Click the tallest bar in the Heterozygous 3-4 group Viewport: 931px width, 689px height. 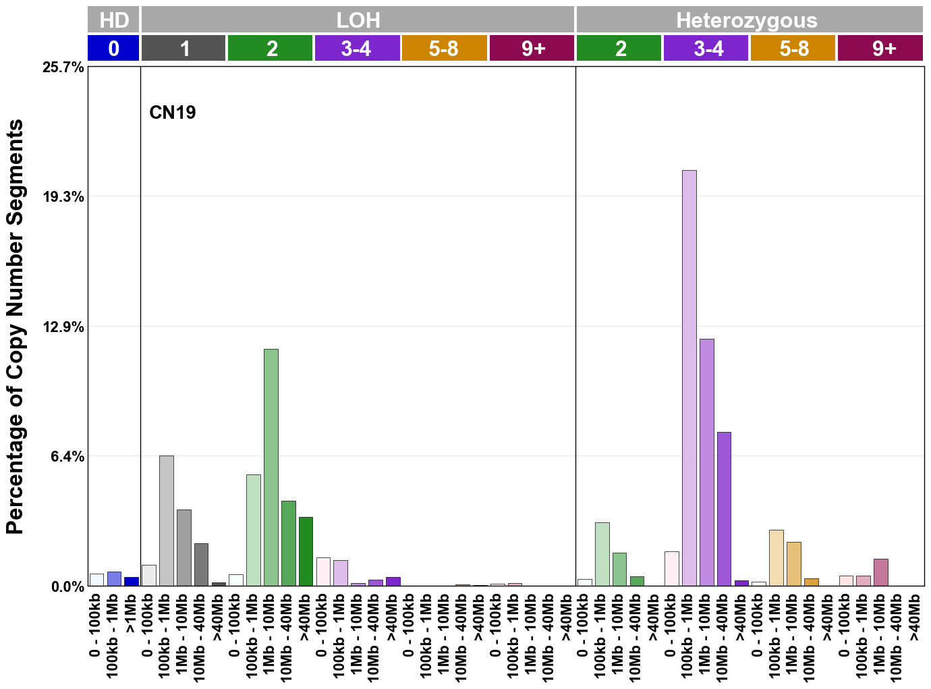tap(689, 378)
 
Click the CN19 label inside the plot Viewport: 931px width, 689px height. tap(173, 112)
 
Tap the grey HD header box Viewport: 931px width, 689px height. tap(113, 20)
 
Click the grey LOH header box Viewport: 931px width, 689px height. tap(358, 20)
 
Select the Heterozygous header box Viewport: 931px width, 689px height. tap(749, 20)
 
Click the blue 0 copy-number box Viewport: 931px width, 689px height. tap(113, 49)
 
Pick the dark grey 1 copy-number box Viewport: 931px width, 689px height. tap(184, 49)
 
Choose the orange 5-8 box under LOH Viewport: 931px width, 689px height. tap(444, 49)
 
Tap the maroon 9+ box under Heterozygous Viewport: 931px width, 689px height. tap(880, 49)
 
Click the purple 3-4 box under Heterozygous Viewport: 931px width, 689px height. tap(706, 49)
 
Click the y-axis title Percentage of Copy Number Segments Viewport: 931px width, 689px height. tap(15, 327)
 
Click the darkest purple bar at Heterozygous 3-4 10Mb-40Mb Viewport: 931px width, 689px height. tap(724, 509)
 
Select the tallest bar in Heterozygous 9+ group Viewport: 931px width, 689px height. tap(880, 572)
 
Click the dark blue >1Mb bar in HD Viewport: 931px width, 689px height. tap(131, 581)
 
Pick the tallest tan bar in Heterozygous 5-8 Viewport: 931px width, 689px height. tap(776, 557)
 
